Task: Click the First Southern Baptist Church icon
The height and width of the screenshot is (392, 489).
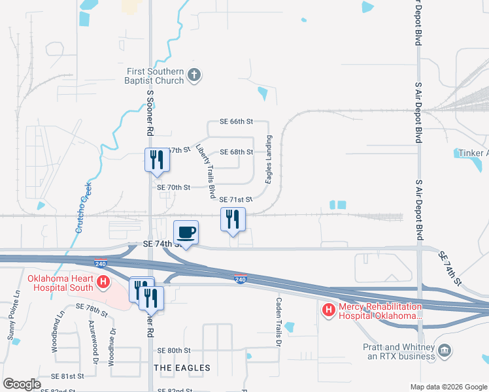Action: (x=194, y=74)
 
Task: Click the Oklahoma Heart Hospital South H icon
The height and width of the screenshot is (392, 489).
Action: (x=103, y=282)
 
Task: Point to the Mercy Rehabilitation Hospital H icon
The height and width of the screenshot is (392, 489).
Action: (x=329, y=309)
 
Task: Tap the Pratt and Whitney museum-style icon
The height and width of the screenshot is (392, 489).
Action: (x=445, y=351)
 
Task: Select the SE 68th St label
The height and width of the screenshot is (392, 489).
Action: (x=236, y=152)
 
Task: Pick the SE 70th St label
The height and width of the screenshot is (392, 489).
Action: (x=173, y=188)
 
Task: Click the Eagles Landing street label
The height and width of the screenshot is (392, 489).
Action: (x=269, y=159)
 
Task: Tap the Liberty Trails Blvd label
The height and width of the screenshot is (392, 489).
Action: (x=207, y=171)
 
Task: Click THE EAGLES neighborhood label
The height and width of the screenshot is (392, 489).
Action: (x=182, y=368)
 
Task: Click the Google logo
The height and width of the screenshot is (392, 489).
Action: (x=22, y=384)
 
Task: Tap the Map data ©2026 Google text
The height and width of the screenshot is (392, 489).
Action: (x=448, y=387)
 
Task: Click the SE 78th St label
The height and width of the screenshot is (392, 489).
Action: (x=92, y=306)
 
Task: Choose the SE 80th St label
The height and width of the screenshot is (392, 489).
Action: (x=173, y=350)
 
